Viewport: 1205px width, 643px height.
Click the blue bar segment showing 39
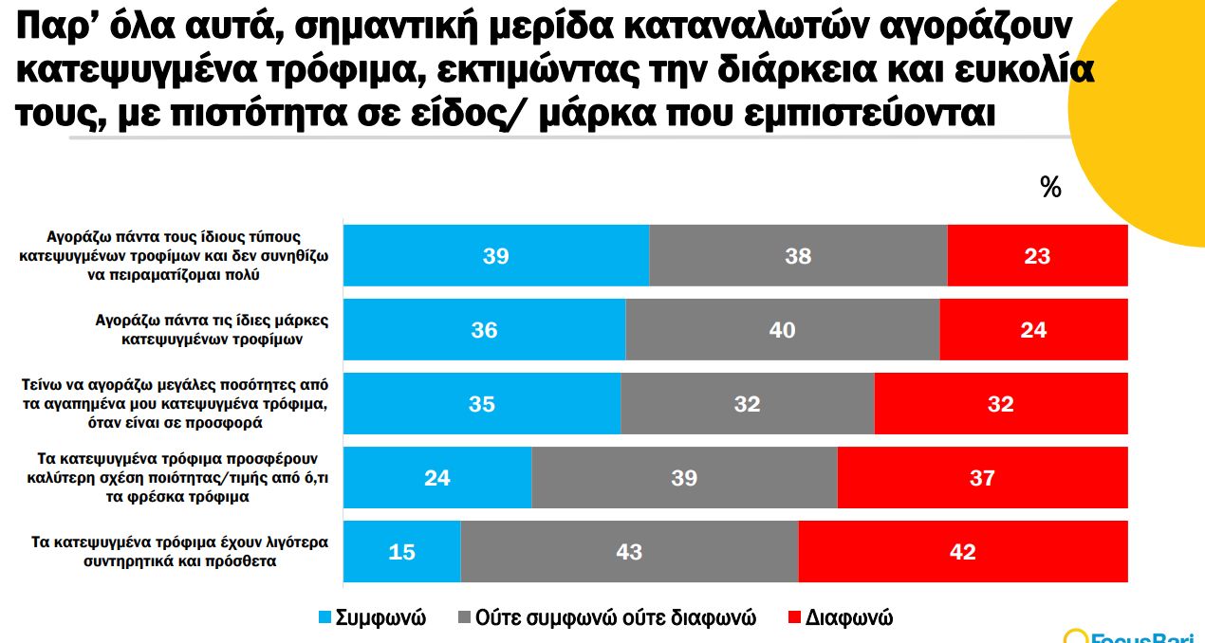point(495,256)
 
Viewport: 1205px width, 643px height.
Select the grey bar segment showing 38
point(798,256)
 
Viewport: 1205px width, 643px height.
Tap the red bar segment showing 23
point(1037,256)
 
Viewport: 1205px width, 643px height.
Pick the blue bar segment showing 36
point(484,330)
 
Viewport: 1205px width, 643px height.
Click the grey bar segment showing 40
point(783,330)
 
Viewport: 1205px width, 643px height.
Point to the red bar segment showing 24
point(1033,330)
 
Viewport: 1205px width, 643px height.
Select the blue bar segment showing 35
point(481,404)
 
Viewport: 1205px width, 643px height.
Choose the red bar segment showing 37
point(982,478)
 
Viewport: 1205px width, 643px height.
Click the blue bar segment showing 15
point(401,552)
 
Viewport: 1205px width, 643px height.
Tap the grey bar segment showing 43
point(629,552)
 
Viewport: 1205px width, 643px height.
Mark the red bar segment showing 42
point(962,552)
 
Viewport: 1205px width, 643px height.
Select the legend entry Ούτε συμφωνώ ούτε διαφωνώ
point(607,618)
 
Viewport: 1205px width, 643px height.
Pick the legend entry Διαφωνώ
point(841,618)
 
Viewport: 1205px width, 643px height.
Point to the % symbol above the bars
point(1050,188)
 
